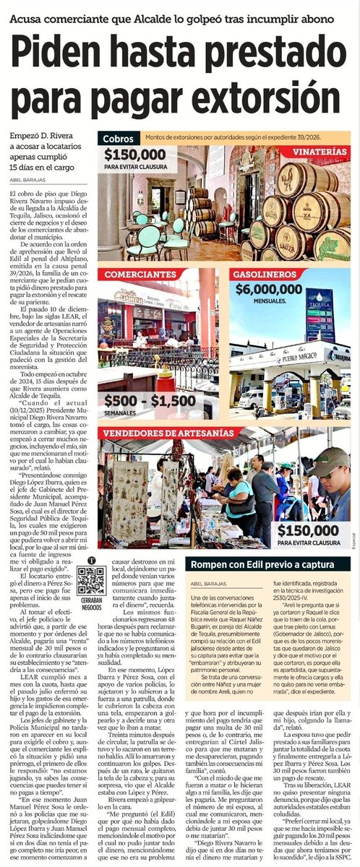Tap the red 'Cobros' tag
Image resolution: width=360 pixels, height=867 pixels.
pyautogui.click(x=119, y=138)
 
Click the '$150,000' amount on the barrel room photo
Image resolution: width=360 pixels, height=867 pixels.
pyautogui.click(x=136, y=155)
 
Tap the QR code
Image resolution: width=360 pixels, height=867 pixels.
pyautogui.click(x=92, y=580)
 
